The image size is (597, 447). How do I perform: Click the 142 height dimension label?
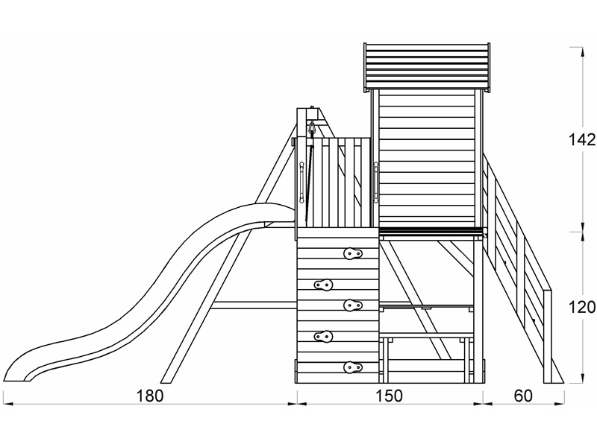tap(580, 140)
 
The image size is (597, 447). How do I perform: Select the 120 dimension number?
tap(580, 307)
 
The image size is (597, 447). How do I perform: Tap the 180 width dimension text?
tap(149, 396)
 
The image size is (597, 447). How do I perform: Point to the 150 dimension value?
tap(388, 396)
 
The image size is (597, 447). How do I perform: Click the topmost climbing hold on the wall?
tap(353, 255)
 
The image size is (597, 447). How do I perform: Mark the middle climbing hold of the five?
tap(353, 304)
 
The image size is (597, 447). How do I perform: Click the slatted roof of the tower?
tap(428, 66)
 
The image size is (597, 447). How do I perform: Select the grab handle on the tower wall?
tap(376, 183)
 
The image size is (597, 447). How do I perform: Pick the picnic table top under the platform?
tap(426, 307)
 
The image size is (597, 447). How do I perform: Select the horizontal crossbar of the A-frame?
tap(254, 304)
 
